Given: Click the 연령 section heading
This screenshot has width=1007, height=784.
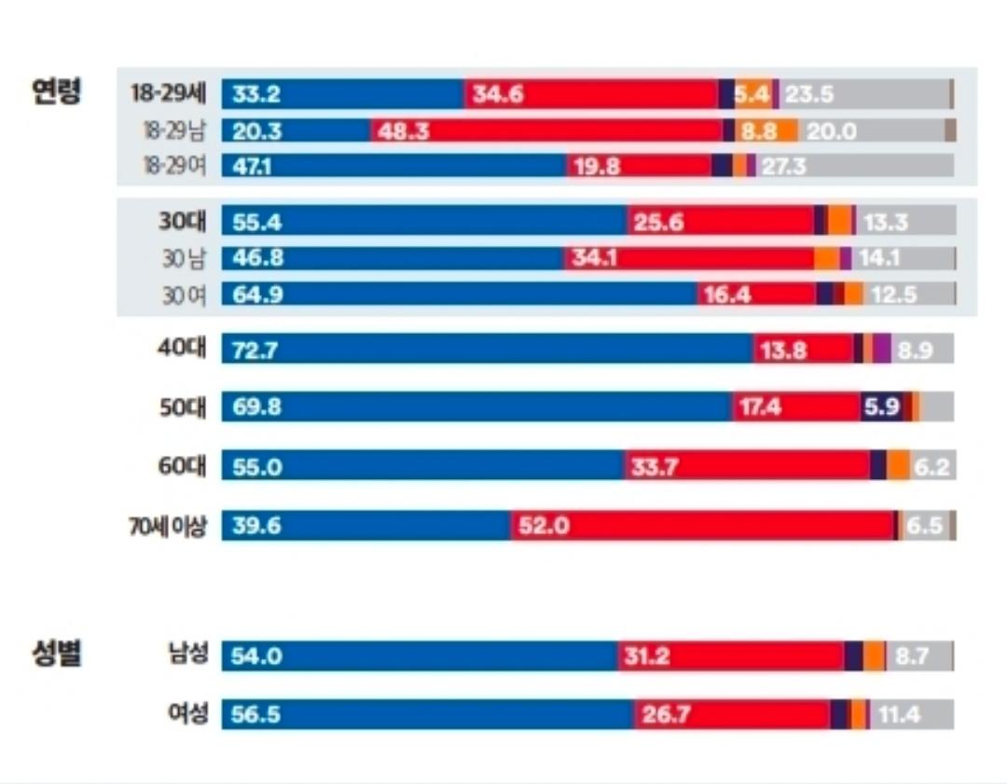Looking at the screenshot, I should (x=57, y=91).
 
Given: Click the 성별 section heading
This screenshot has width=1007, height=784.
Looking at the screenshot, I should (x=57, y=653).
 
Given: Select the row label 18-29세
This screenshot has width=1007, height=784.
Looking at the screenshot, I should (x=169, y=93).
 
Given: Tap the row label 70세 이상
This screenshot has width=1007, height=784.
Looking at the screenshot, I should (x=168, y=526).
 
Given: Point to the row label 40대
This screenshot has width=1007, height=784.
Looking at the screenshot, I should (x=182, y=350).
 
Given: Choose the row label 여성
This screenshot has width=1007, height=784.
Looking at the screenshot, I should (x=183, y=714).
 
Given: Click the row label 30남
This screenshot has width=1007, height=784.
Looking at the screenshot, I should (x=184, y=258).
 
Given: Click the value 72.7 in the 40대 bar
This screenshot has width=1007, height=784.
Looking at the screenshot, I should (x=256, y=351).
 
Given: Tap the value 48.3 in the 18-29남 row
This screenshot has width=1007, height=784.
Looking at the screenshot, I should (x=404, y=131).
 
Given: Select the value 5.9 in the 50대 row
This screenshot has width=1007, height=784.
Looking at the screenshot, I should (x=881, y=407).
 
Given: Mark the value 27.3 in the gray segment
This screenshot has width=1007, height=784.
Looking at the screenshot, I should (x=783, y=166).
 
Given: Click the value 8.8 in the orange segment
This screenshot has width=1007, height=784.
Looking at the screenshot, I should (x=759, y=131).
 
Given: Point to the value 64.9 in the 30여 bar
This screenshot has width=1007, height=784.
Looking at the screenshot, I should (x=256, y=295).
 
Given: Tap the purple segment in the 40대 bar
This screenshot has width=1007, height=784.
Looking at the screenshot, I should (x=882, y=350).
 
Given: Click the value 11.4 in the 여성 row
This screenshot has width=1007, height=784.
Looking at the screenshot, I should (x=898, y=715).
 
